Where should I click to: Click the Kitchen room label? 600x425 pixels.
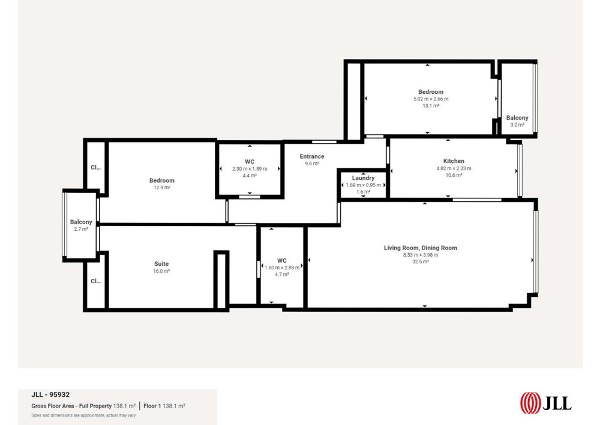click(x=454, y=161)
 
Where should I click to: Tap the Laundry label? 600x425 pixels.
click(x=363, y=178)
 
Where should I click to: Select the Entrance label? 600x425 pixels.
click(x=312, y=156)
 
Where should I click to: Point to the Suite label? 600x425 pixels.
click(x=161, y=264)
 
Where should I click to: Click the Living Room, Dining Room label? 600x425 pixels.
click(x=421, y=248)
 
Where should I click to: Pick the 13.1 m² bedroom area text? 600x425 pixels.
click(x=431, y=106)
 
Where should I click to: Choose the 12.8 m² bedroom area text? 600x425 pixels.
click(x=162, y=188)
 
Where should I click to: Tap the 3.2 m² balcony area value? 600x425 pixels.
click(x=517, y=125)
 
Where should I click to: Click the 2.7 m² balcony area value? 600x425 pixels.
click(x=81, y=229)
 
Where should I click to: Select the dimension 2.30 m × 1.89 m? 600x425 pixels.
click(x=250, y=169)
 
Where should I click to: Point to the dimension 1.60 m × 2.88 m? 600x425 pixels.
click(x=282, y=268)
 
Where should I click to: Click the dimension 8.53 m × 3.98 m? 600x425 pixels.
click(x=421, y=255)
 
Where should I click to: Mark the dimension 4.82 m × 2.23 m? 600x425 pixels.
click(x=454, y=168)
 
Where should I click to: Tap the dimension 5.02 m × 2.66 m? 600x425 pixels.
click(x=431, y=99)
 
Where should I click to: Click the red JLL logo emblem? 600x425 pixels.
click(x=530, y=403)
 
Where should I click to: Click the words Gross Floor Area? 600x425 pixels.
click(x=52, y=406)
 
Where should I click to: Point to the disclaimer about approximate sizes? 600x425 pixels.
click(x=83, y=415)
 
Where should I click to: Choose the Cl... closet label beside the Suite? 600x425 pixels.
click(x=95, y=281)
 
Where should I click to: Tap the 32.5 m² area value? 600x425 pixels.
click(x=421, y=261)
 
